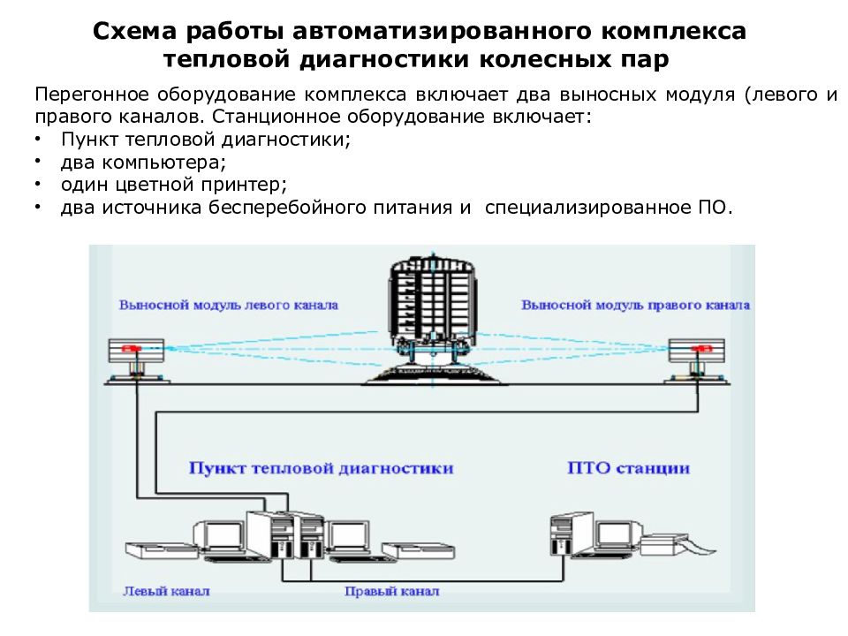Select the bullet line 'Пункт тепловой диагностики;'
click(x=206, y=140)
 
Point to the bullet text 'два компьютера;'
click(x=143, y=163)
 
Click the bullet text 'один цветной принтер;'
click(x=174, y=185)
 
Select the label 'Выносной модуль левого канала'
click(x=228, y=305)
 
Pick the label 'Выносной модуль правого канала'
click(x=635, y=305)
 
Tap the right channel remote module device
click(x=697, y=360)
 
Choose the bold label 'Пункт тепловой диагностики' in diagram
click(x=321, y=468)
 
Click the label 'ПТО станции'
click(x=628, y=468)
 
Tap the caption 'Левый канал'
click(x=166, y=591)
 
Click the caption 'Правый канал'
click(x=391, y=591)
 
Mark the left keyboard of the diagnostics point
click(x=160, y=549)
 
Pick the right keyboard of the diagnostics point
click(x=419, y=550)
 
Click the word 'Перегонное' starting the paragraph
click(x=91, y=95)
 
